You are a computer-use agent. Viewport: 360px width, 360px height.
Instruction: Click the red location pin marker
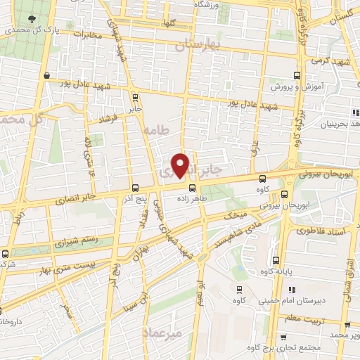[181, 165]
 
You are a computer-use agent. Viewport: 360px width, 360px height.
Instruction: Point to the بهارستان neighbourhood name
[198, 45]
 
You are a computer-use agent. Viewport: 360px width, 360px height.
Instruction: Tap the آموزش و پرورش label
[295, 88]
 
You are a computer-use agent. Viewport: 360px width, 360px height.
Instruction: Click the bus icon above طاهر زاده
[191, 187]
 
